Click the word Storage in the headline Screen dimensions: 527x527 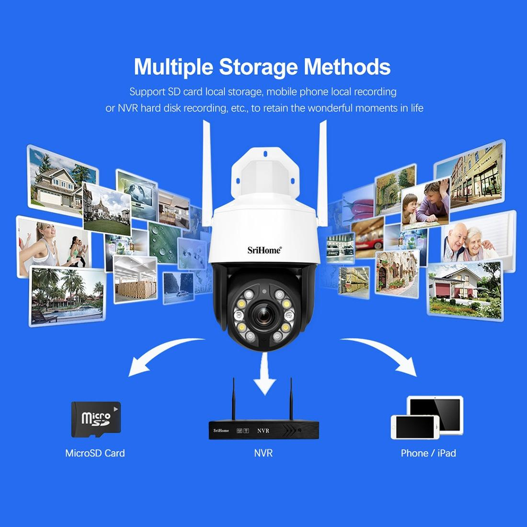258,67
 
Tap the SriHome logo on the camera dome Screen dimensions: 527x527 264,250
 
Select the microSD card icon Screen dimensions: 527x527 96,419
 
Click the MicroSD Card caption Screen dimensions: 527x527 95,453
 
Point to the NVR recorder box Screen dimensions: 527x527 263,430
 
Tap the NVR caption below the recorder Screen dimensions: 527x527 263,453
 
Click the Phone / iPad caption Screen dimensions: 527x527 428,453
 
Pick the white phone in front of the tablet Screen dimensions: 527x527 415,427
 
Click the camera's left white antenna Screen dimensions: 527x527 206,173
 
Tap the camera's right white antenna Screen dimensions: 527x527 322,173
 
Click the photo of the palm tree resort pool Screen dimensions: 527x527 67,296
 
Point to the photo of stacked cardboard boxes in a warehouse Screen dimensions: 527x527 136,279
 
